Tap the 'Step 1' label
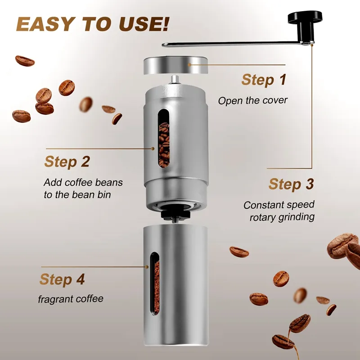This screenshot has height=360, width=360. click(x=264, y=80)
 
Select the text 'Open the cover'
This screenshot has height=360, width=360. click(x=252, y=100)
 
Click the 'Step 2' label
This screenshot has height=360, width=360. click(x=67, y=162)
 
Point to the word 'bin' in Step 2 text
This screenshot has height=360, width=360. click(x=103, y=194)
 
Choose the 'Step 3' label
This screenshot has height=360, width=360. click(x=291, y=184)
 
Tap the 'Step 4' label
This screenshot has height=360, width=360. click(x=62, y=279)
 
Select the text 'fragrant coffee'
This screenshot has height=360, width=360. click(x=70, y=299)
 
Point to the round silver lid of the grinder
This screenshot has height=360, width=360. click(x=176, y=66)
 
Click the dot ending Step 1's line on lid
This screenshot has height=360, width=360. click(x=190, y=65)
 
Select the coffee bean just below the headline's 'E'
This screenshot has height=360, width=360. click(x=25, y=61)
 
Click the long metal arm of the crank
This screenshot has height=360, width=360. click(x=234, y=44)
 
